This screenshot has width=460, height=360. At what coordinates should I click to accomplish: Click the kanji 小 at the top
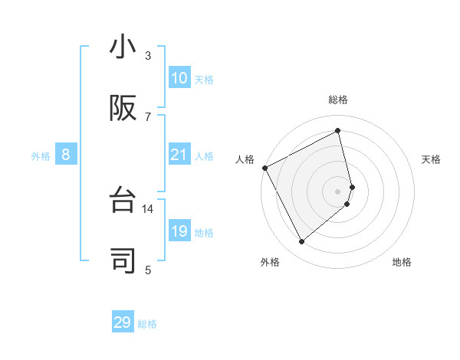(123, 47)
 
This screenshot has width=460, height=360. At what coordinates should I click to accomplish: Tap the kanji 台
(123, 201)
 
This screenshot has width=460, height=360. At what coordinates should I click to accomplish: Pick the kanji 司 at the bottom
(123, 260)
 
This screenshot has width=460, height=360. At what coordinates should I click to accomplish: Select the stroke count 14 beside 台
(148, 208)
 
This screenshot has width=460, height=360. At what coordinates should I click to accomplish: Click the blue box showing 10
(179, 78)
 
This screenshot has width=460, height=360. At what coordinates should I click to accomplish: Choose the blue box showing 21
(179, 155)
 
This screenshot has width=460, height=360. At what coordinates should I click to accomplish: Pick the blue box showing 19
(179, 231)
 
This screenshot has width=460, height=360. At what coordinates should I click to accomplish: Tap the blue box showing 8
(66, 155)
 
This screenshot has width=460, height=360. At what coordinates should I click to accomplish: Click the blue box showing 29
(123, 322)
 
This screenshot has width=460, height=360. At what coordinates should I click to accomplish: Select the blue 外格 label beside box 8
(41, 156)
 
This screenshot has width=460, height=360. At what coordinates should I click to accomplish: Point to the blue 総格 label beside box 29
(147, 324)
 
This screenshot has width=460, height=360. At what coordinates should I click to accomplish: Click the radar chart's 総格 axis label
(338, 100)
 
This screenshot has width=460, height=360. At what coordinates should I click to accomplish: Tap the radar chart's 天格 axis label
(432, 159)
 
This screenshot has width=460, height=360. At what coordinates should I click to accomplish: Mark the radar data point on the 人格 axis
(264, 168)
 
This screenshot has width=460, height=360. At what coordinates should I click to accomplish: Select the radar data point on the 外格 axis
(301, 242)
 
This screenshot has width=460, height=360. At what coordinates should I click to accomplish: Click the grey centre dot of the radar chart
(338, 191)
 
